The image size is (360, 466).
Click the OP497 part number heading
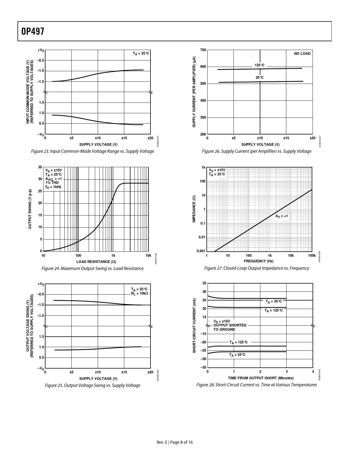pos(33,31)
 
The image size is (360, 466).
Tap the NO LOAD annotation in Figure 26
pos(302,54)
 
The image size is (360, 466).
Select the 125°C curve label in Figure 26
pos(259,65)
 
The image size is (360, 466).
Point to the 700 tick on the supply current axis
pos(203,50)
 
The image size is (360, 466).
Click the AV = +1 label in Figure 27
pos(282,216)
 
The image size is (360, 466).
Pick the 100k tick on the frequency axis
pos(312,256)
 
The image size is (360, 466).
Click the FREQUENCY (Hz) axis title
pos(258,261)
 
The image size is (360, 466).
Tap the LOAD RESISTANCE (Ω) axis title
pos(96,262)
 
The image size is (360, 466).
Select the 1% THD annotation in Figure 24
pos(52,183)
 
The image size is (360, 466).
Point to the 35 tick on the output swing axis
pos(40,167)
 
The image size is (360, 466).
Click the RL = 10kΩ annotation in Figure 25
pos(139,293)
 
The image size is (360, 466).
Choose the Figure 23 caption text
pos(93,151)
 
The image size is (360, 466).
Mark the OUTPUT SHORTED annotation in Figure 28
pos(230,325)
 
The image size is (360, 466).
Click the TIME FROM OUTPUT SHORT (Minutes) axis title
pos(261,378)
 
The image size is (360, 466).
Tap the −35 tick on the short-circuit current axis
pos(203,367)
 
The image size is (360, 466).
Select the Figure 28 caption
pos(256,385)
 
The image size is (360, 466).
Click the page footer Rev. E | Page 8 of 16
pos(175,442)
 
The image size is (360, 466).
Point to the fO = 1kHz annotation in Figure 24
pos(53,187)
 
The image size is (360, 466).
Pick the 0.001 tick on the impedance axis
pos(201,251)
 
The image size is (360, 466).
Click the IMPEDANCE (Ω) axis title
pos(194,209)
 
